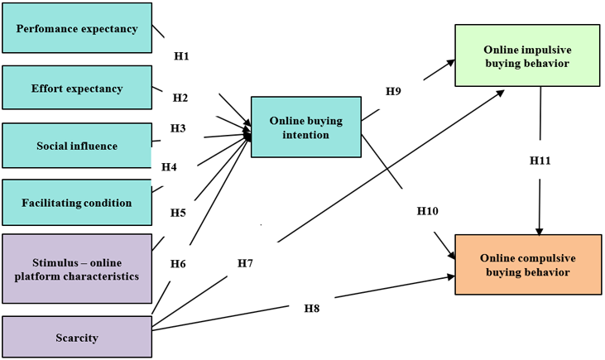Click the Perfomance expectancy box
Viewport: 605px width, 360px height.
point(77,29)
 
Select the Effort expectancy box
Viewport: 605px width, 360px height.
point(77,88)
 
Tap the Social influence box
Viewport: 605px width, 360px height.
point(77,146)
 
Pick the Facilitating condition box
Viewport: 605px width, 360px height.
point(77,203)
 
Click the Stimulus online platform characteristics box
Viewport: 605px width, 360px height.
point(77,268)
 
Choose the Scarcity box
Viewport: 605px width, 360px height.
point(77,337)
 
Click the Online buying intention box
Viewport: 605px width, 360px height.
point(305,127)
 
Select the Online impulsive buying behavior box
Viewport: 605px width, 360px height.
point(526,55)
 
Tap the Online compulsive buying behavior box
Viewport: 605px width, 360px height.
point(526,264)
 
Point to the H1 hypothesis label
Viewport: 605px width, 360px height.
point(181,56)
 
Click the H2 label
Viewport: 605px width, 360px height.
point(180,98)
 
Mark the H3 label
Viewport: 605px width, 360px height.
point(178,128)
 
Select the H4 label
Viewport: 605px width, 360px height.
point(169,166)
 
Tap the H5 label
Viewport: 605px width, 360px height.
point(178,212)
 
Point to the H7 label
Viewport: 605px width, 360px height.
point(245,263)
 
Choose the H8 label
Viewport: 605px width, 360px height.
point(311,308)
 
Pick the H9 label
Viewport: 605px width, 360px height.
point(393,91)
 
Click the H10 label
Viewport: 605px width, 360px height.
point(427,211)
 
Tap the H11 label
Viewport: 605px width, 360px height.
point(540,160)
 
